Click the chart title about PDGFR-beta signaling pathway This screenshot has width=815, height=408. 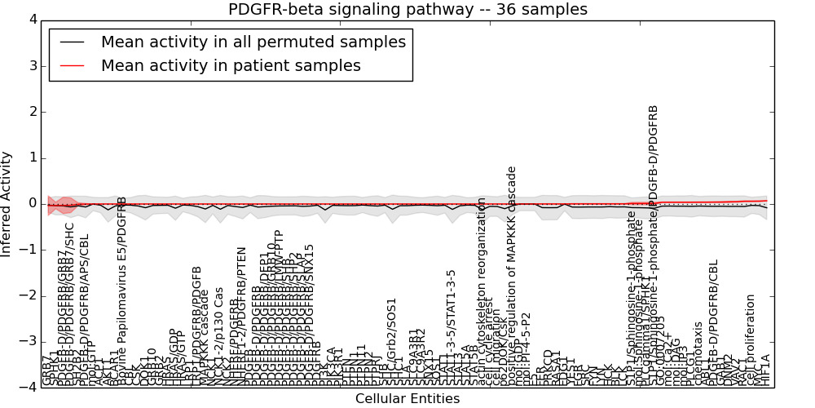coord(407,10)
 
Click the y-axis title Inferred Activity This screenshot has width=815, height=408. coord(7,203)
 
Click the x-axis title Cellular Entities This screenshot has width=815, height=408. coord(407,399)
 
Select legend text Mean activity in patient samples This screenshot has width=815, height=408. coord(231,66)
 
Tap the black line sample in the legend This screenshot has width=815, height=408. coord(72,42)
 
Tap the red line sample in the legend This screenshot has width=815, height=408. coord(72,66)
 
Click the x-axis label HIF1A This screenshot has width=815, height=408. coord(765,370)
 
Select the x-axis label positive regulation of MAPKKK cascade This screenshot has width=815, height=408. coord(512,277)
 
